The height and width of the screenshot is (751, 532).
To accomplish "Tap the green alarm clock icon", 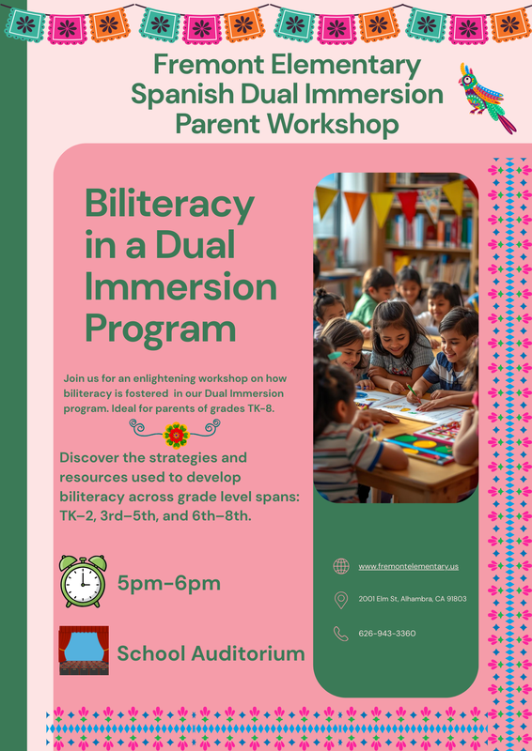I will pos(82,581).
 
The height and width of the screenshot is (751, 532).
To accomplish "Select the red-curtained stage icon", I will pos(84,651).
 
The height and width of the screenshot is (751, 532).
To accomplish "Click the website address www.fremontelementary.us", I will pos(408,566).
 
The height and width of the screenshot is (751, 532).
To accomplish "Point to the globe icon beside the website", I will pos(340,566).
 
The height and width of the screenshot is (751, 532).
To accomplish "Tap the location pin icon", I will pos(340,599).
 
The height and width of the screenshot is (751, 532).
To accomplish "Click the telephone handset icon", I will pos(340,634).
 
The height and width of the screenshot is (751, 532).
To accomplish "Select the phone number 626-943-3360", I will pos(386,634).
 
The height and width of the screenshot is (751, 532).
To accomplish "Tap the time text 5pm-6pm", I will pos(169,583).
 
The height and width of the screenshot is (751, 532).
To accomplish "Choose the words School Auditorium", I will pos(211,653).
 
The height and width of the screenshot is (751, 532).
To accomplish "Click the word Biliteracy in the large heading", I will pos(169,204).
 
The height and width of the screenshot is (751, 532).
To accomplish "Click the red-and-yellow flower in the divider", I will pos(175,435).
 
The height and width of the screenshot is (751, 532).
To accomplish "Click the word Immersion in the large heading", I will pos(180,286).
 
